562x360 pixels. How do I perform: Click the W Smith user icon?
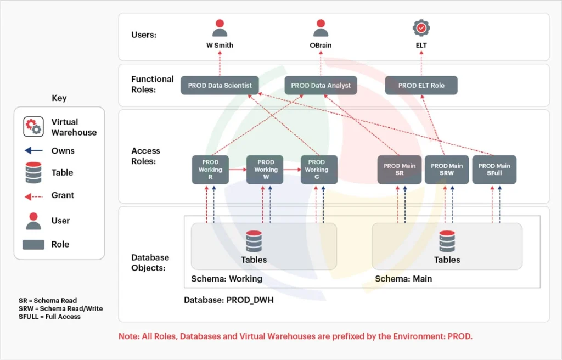tap(220, 29)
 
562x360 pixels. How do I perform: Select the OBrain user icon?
tap(321, 29)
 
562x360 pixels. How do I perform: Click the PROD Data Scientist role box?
tap(220, 86)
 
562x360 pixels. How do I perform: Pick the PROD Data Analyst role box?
tap(321, 86)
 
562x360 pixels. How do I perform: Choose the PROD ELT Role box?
tap(421, 86)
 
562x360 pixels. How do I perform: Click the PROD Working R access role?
tap(210, 170)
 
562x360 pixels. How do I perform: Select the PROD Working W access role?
tap(265, 170)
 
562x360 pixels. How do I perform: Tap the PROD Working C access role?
tap(319, 170)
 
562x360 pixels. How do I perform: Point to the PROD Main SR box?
tap(400, 170)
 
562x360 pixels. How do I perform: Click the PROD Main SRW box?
tap(447, 170)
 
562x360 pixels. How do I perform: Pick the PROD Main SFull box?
tap(494, 170)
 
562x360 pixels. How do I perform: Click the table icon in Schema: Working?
tap(254, 241)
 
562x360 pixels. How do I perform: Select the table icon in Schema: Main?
tap(447, 241)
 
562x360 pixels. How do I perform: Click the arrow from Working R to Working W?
tap(237, 170)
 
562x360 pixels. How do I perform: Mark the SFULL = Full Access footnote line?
tap(49, 317)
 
